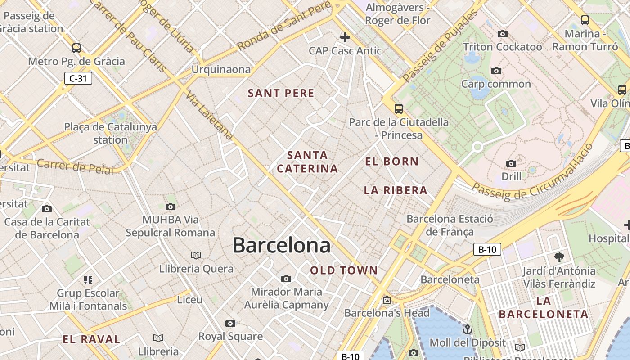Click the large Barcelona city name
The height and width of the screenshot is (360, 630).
tap(281, 245)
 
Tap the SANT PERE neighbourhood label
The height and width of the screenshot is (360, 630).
tap(281, 94)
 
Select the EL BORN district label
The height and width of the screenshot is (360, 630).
tap(392, 162)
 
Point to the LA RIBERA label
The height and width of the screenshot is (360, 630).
tap(396, 190)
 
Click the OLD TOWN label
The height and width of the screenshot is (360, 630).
tap(344, 270)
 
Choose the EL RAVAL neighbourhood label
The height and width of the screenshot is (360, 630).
tap(91, 339)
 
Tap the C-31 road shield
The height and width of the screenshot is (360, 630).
tap(78, 79)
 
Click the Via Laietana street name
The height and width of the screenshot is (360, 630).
tap(210, 116)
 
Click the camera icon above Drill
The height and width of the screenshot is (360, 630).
tap(511, 163)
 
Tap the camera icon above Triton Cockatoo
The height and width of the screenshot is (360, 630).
tap(503, 34)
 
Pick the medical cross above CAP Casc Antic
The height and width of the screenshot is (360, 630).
tap(345, 37)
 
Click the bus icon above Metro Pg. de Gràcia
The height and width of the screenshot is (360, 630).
tap(76, 48)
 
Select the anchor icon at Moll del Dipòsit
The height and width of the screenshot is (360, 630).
tap(468, 329)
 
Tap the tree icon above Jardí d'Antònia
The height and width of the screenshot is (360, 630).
tap(559, 257)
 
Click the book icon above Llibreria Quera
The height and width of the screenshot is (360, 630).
tap(196, 256)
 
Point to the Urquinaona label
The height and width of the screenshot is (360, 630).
tap(221, 69)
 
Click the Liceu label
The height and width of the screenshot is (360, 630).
tap(189, 299)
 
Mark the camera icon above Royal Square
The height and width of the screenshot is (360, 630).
tap(230, 324)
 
